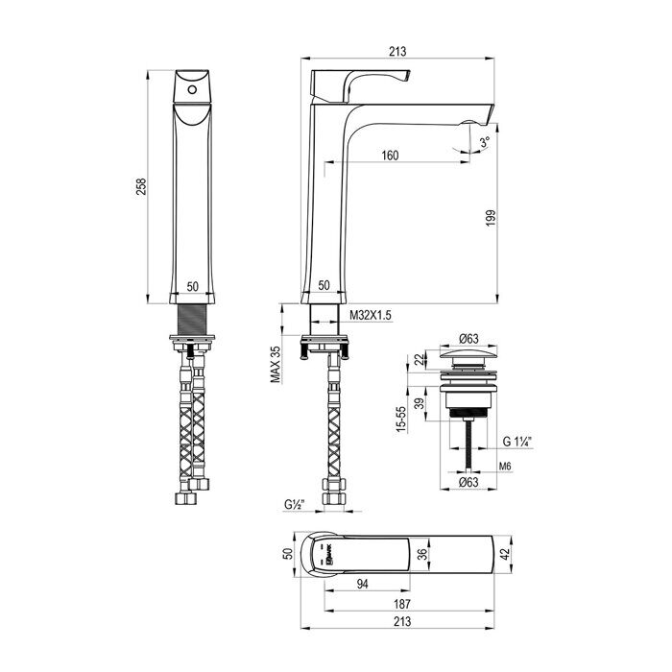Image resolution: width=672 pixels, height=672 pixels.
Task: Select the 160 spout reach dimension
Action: [x=390, y=155]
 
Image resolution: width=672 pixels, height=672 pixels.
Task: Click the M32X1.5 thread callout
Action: [x=372, y=315]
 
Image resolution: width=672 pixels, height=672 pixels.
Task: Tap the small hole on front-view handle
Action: [x=192, y=88]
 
